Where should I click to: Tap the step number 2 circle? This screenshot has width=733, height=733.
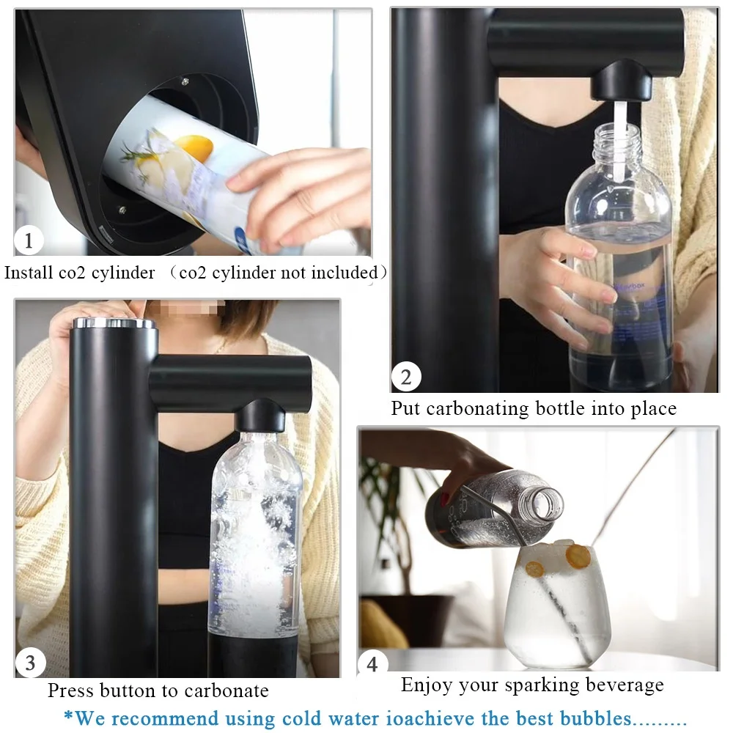coord(406,378)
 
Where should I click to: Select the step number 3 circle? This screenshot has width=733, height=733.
coord(30,663)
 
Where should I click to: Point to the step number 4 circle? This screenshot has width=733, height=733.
coord(372,664)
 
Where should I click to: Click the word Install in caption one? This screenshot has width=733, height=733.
coord(28,273)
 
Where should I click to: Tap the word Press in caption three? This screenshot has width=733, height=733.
coord(70,690)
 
